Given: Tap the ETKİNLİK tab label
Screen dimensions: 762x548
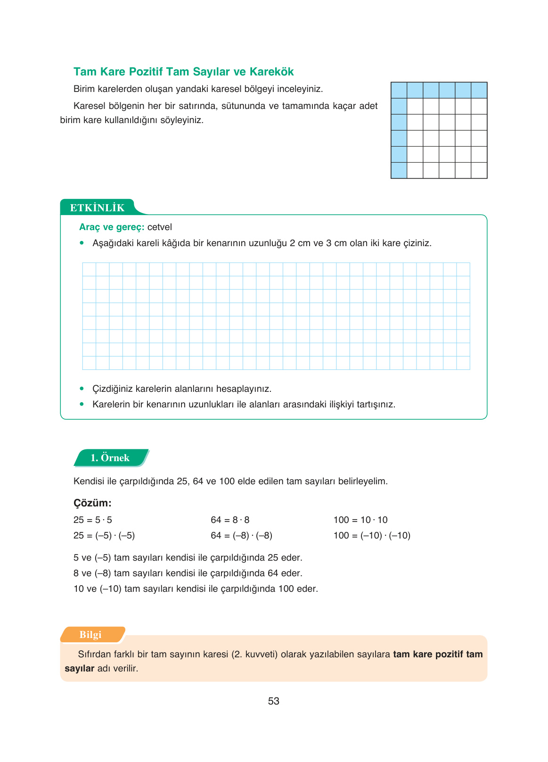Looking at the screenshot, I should pyautogui.click(x=97, y=208).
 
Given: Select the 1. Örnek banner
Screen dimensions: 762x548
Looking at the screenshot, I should pyautogui.click(x=110, y=458).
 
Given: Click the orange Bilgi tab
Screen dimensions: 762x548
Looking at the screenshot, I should pyautogui.click(x=90, y=635).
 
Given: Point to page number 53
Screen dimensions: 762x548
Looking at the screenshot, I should pyautogui.click(x=273, y=701).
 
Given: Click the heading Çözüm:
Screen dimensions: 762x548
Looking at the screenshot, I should pyautogui.click(x=92, y=503).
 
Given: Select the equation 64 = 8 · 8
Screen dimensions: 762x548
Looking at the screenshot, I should pyautogui.click(x=230, y=520).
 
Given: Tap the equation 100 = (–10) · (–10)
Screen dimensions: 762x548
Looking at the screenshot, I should pyautogui.click(x=372, y=536).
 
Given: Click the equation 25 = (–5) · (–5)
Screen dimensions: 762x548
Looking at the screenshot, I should pyautogui.click(x=104, y=536).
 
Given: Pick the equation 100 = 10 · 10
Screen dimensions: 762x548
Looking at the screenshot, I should pyautogui.click(x=360, y=520).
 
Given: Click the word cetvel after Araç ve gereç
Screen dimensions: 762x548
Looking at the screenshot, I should pyautogui.click(x=160, y=227).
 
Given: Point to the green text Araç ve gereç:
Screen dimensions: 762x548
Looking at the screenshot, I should pyautogui.click(x=112, y=227).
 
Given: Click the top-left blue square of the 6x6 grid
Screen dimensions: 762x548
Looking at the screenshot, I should pyautogui.click(x=399, y=90).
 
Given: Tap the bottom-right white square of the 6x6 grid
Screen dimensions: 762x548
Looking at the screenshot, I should pyautogui.click(x=479, y=170).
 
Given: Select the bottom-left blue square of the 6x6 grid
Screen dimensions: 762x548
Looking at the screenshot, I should pyautogui.click(x=399, y=170).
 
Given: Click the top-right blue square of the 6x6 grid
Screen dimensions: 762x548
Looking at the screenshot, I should pyautogui.click(x=479, y=90).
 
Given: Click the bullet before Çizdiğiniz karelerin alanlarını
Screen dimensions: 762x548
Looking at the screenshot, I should pyautogui.click(x=82, y=389).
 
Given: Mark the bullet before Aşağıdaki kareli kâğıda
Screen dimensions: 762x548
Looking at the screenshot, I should pyautogui.click(x=82, y=243).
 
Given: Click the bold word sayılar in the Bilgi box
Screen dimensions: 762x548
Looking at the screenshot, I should pyautogui.click(x=80, y=669).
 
